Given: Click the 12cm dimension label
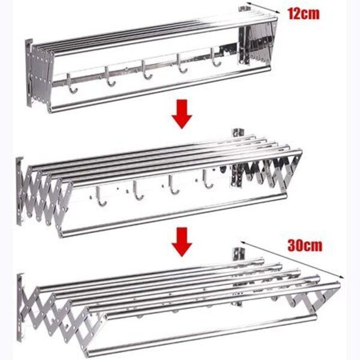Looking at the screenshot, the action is point(304,14).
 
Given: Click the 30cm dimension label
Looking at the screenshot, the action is point(305,245).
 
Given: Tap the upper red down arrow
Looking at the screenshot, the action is point(182,114).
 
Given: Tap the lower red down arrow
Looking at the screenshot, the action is point(182,242).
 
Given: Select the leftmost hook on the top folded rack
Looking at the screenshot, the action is point(71,83).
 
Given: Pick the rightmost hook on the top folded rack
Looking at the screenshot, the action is point(215,58).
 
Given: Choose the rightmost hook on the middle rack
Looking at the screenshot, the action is point(207,179).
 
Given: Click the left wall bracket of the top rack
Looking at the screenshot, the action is point(29,73).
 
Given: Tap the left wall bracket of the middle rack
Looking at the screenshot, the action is point(19,191).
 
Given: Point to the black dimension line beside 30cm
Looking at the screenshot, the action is point(293,259).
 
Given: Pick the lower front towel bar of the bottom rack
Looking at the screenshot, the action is point(200,335).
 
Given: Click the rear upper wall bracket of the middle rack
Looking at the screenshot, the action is point(238,133).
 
